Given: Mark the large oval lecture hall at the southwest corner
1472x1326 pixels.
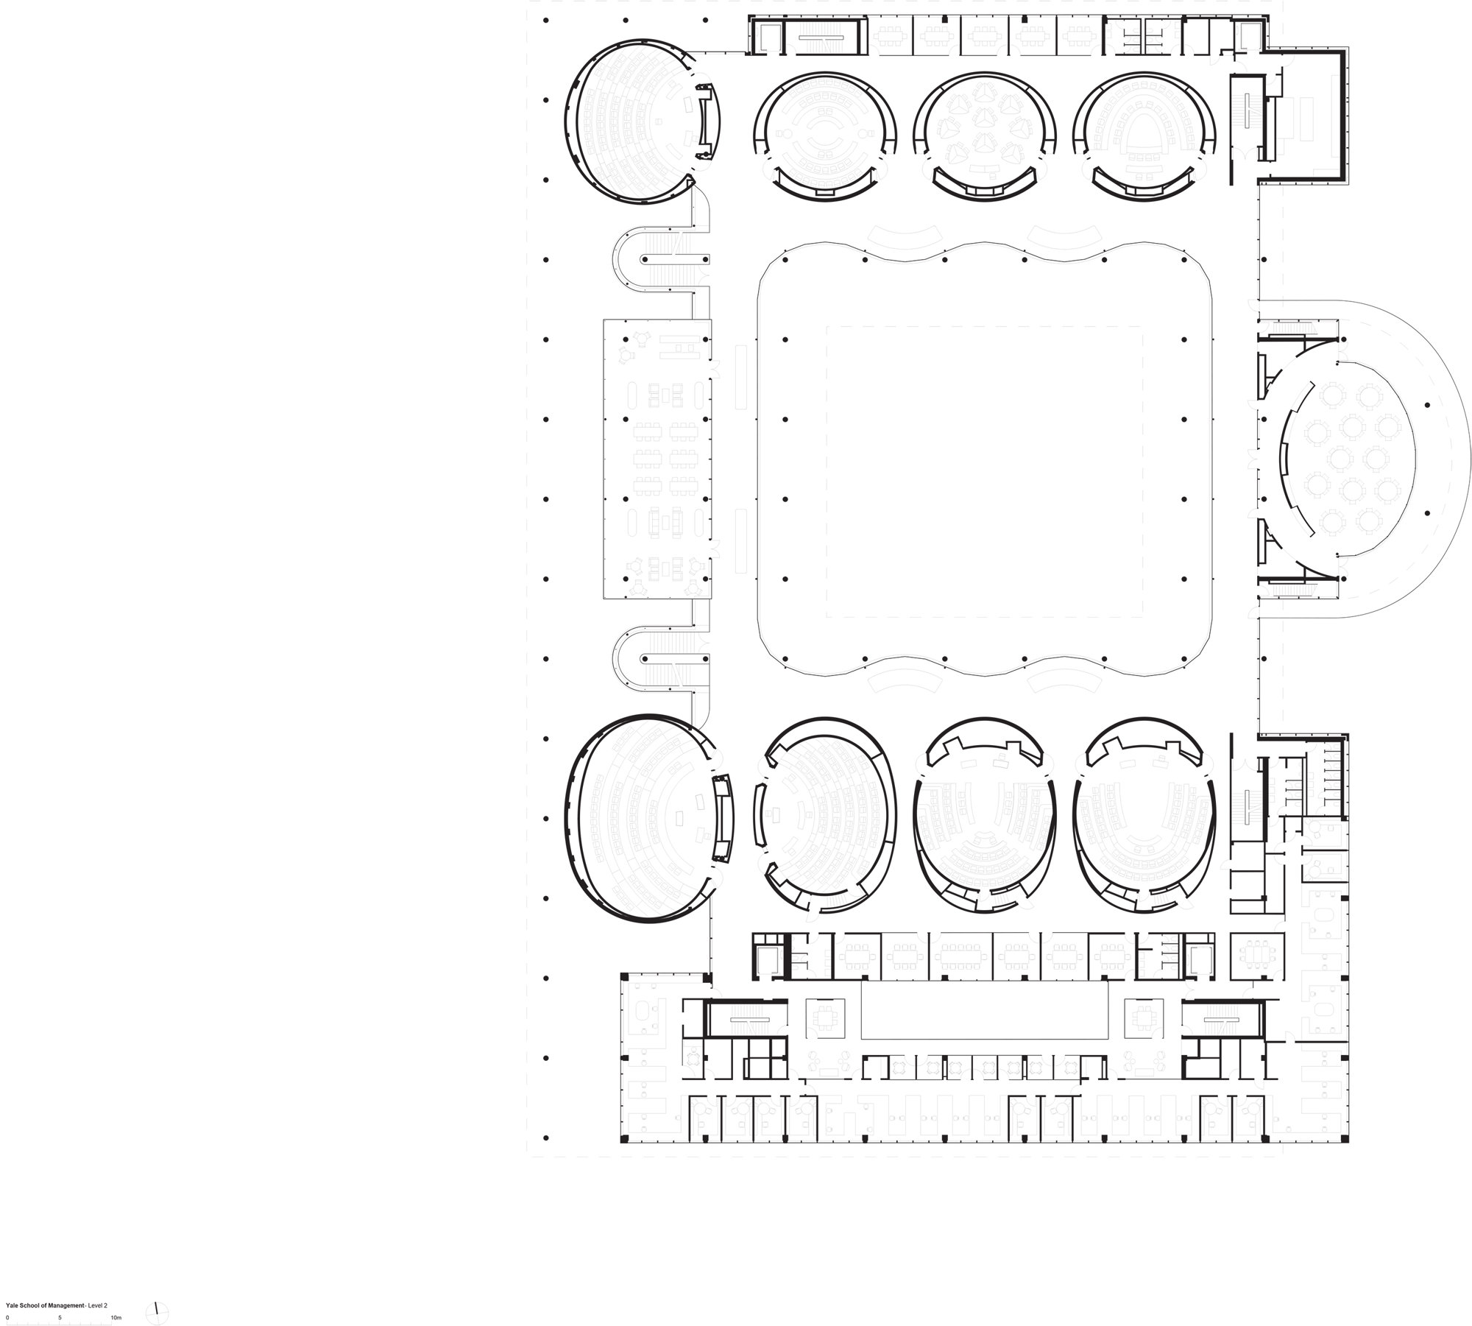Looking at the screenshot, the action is (x=651, y=819).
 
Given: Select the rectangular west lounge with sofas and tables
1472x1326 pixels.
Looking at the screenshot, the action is (x=657, y=459).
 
